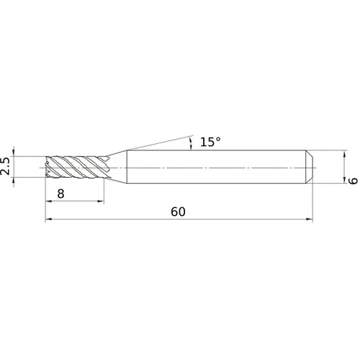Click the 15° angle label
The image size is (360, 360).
[210, 143]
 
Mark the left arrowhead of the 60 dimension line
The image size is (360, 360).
[49, 220]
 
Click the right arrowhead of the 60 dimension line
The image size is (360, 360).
[310, 220]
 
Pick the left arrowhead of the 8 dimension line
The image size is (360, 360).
[49, 201]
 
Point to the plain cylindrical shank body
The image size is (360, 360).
[216, 167]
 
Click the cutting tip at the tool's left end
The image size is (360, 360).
[48, 167]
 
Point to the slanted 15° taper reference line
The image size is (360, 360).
[158, 142]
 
